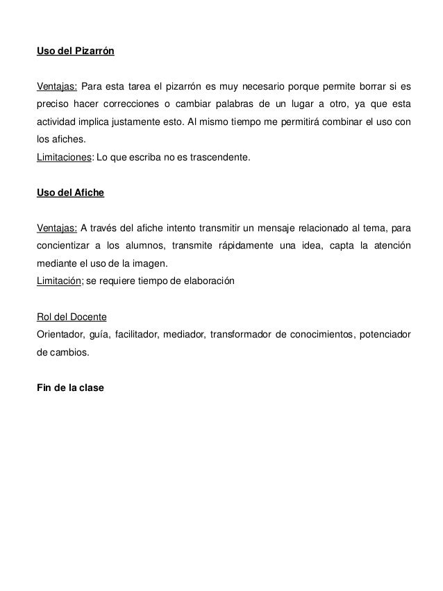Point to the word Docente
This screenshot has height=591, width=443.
[x=88, y=317]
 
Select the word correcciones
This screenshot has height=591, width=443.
[x=136, y=105]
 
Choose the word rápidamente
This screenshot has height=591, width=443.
[x=265, y=247]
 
